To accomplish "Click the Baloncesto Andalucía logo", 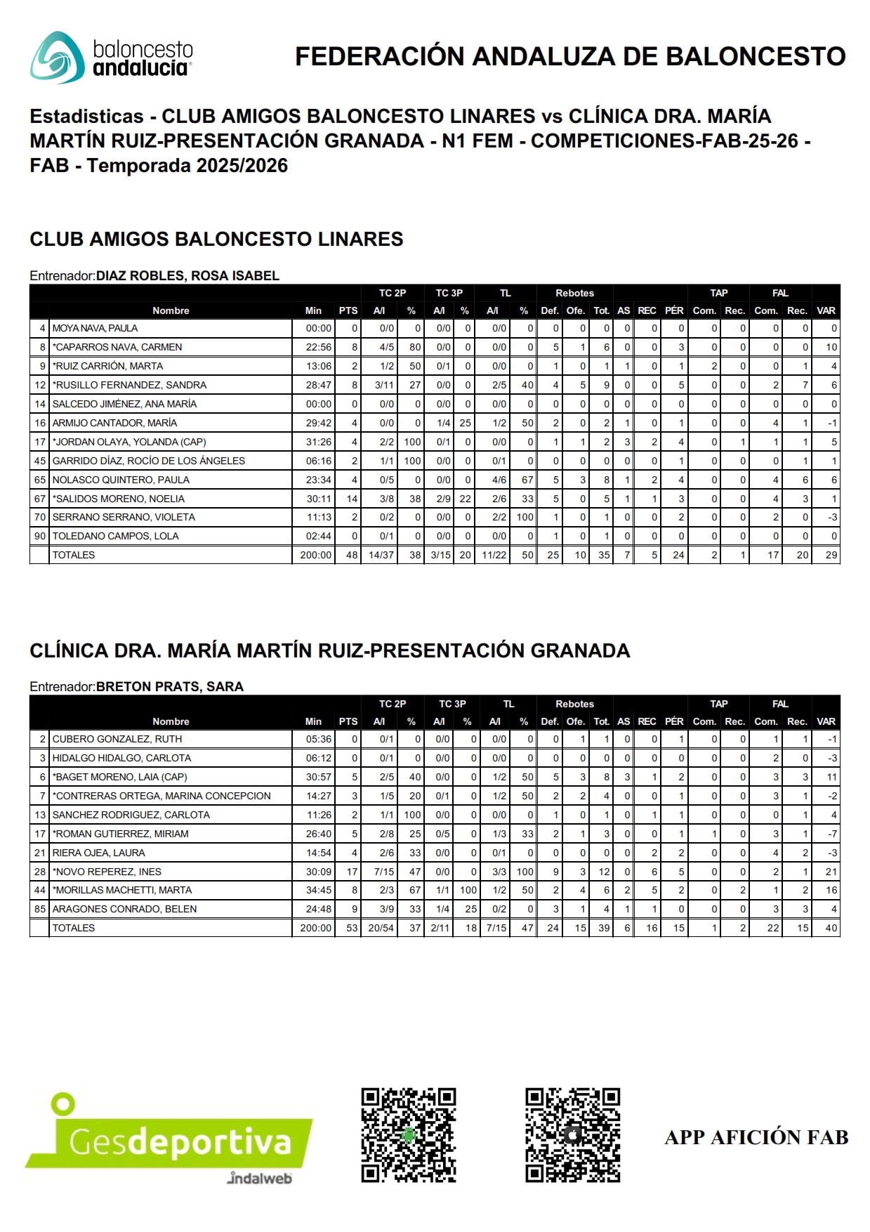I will tap(111, 58).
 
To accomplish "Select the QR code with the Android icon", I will tap(409, 1135).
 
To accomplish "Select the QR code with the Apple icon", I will tap(572, 1135).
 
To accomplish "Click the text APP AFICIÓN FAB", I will tap(756, 1137).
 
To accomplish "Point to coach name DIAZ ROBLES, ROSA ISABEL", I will tap(187, 276).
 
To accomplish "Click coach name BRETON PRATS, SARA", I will tap(170, 687).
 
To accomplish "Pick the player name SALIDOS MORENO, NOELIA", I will tap(119, 499).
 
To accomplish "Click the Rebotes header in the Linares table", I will tap(574, 293).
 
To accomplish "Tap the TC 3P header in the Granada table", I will tap(452, 704).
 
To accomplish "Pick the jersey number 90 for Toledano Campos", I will tap(40, 536).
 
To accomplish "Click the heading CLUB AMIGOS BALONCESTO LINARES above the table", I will tap(216, 240).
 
